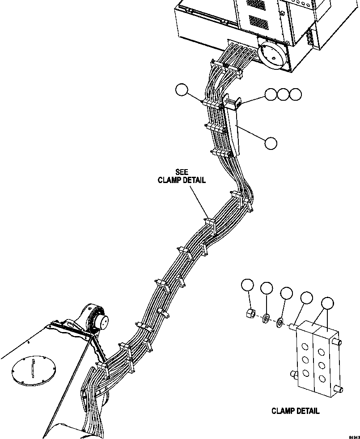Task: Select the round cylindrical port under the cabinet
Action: pos(272,54)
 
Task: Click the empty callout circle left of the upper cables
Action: pos(182,90)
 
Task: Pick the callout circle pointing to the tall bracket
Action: pos(271,143)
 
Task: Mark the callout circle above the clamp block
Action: pos(328,303)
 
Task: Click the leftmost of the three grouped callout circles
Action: pos(271,94)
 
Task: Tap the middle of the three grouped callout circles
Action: pos(283,94)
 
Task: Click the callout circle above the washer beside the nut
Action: pos(267,289)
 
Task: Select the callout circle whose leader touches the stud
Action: pos(306,298)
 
